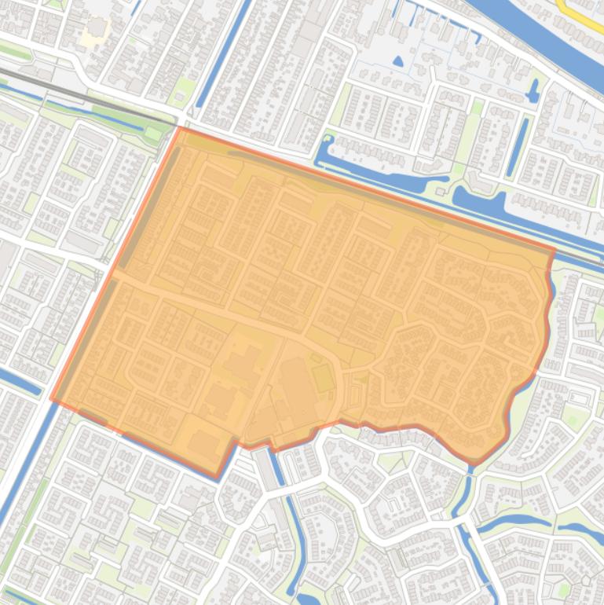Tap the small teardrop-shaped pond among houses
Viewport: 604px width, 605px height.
pos(397,60)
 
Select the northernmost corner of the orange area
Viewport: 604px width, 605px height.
pos(181,128)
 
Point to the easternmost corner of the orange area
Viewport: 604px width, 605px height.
pos(555,251)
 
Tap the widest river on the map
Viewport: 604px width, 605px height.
pos(542,31)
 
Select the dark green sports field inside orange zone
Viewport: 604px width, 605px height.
pos(324,378)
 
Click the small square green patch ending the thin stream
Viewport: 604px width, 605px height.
pos(152,134)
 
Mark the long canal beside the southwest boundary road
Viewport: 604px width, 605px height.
pos(24,471)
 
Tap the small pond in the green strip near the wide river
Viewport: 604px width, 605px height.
pos(533,92)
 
